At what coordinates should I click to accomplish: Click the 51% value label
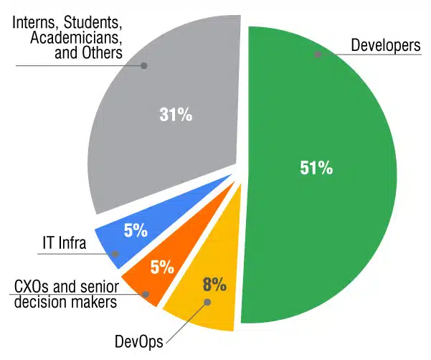[316, 168]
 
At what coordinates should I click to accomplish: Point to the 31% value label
[176, 114]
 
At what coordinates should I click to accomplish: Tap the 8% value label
[214, 285]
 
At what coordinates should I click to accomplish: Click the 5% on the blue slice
[136, 230]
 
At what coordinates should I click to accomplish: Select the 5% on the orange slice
[162, 267]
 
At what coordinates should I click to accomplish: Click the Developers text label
[386, 45]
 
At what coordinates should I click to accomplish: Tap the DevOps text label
[139, 341]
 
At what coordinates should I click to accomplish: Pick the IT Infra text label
[65, 243]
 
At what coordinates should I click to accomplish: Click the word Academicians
[76, 37]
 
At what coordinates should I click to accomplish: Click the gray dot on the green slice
[318, 55]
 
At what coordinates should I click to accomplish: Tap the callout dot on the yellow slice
[208, 303]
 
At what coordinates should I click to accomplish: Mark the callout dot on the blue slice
[115, 254]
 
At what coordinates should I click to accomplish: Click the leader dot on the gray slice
[143, 66]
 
